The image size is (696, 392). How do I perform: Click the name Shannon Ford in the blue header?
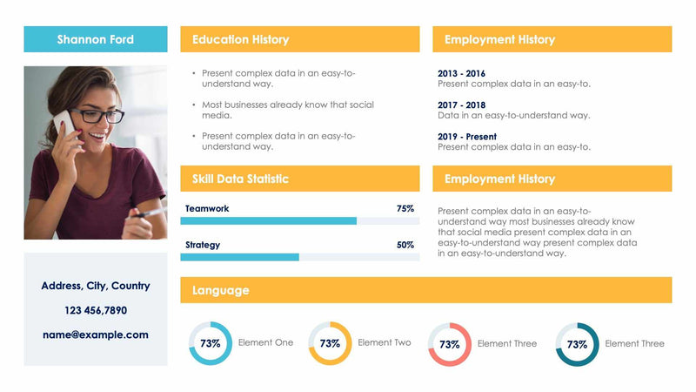click(96, 39)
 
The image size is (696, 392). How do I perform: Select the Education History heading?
click(240, 39)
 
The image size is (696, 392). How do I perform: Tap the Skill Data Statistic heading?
click(240, 179)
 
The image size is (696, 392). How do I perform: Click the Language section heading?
click(220, 290)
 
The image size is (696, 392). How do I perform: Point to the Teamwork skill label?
click(207, 209)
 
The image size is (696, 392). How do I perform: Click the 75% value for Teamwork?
click(405, 209)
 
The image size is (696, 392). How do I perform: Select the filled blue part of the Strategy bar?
click(241, 257)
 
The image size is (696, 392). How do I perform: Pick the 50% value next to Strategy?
click(405, 245)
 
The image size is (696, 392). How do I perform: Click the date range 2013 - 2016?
click(461, 74)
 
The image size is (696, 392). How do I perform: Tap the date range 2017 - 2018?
click(461, 105)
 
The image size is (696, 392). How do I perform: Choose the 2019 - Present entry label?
click(467, 137)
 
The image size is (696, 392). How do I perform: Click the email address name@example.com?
click(96, 335)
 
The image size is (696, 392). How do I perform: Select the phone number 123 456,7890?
click(96, 310)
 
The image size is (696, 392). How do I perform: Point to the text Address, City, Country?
click(96, 286)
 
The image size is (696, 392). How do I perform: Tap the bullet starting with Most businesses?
click(287, 110)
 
